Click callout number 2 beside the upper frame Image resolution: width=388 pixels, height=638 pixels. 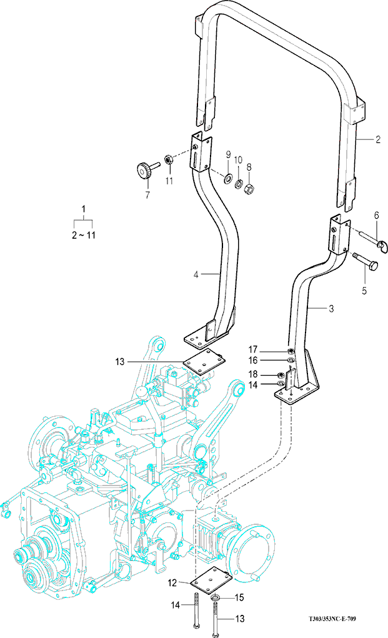point(377,140)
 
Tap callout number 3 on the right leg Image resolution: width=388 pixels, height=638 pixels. point(331,308)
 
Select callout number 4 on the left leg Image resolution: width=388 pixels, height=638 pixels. point(196,274)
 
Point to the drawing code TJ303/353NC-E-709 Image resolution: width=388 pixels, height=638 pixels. point(336,619)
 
